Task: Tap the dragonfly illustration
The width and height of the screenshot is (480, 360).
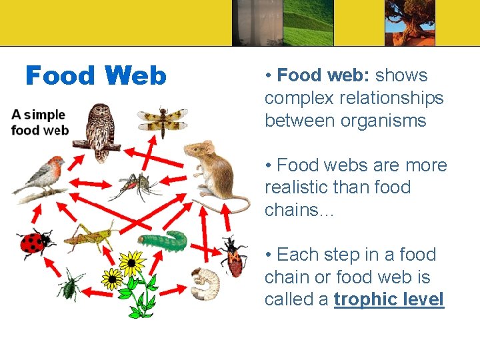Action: [162, 119]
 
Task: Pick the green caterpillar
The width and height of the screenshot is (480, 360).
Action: [164, 241]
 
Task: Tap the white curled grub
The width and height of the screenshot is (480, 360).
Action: [205, 283]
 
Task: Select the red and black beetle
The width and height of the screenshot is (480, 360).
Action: [233, 257]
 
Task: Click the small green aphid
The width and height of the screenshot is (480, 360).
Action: [69, 285]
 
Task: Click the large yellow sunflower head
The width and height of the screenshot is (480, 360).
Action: [132, 263]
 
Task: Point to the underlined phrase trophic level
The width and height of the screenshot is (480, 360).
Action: [389, 300]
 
